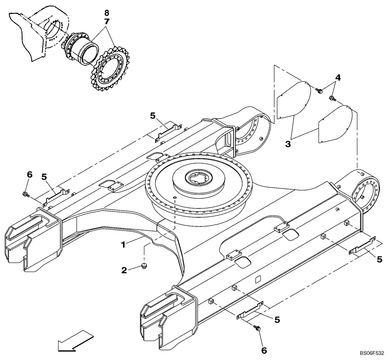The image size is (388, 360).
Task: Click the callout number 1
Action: click(x=123, y=245)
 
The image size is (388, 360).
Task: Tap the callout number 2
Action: click(x=124, y=270)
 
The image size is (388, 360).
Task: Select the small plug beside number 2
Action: click(x=144, y=266)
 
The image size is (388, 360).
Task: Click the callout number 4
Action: click(x=338, y=78)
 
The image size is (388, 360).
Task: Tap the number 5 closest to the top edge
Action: click(x=152, y=115)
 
